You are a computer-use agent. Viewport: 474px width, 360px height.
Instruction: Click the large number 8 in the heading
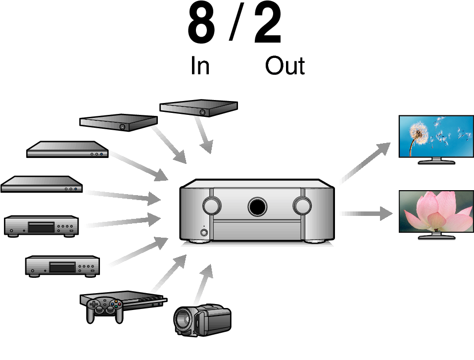point(201,23)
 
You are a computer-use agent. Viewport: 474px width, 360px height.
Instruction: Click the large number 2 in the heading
point(268,23)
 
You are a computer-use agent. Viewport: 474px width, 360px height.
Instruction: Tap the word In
point(200,65)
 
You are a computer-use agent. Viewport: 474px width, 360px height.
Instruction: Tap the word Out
point(285,65)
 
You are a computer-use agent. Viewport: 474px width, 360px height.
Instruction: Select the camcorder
point(202,320)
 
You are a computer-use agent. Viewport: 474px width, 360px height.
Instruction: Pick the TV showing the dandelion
point(436,140)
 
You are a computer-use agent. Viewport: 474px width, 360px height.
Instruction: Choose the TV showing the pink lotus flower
point(436,214)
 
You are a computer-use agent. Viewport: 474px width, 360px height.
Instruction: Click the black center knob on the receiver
point(257,206)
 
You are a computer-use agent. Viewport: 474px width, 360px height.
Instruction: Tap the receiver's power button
point(204,233)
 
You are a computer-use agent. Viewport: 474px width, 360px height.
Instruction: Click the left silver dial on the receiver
point(212,206)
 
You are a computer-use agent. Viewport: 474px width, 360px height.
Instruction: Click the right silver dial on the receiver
point(302,206)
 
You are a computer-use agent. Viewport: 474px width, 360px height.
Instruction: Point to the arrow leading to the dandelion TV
point(365,163)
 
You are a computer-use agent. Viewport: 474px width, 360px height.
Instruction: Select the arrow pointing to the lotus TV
point(366,213)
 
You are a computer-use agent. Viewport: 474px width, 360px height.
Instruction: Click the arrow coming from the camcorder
point(203,284)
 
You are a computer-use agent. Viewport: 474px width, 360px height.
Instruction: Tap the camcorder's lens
point(182,320)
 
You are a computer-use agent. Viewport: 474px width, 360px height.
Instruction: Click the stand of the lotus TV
point(436,236)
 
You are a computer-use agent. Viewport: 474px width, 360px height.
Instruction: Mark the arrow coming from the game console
point(169,273)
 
